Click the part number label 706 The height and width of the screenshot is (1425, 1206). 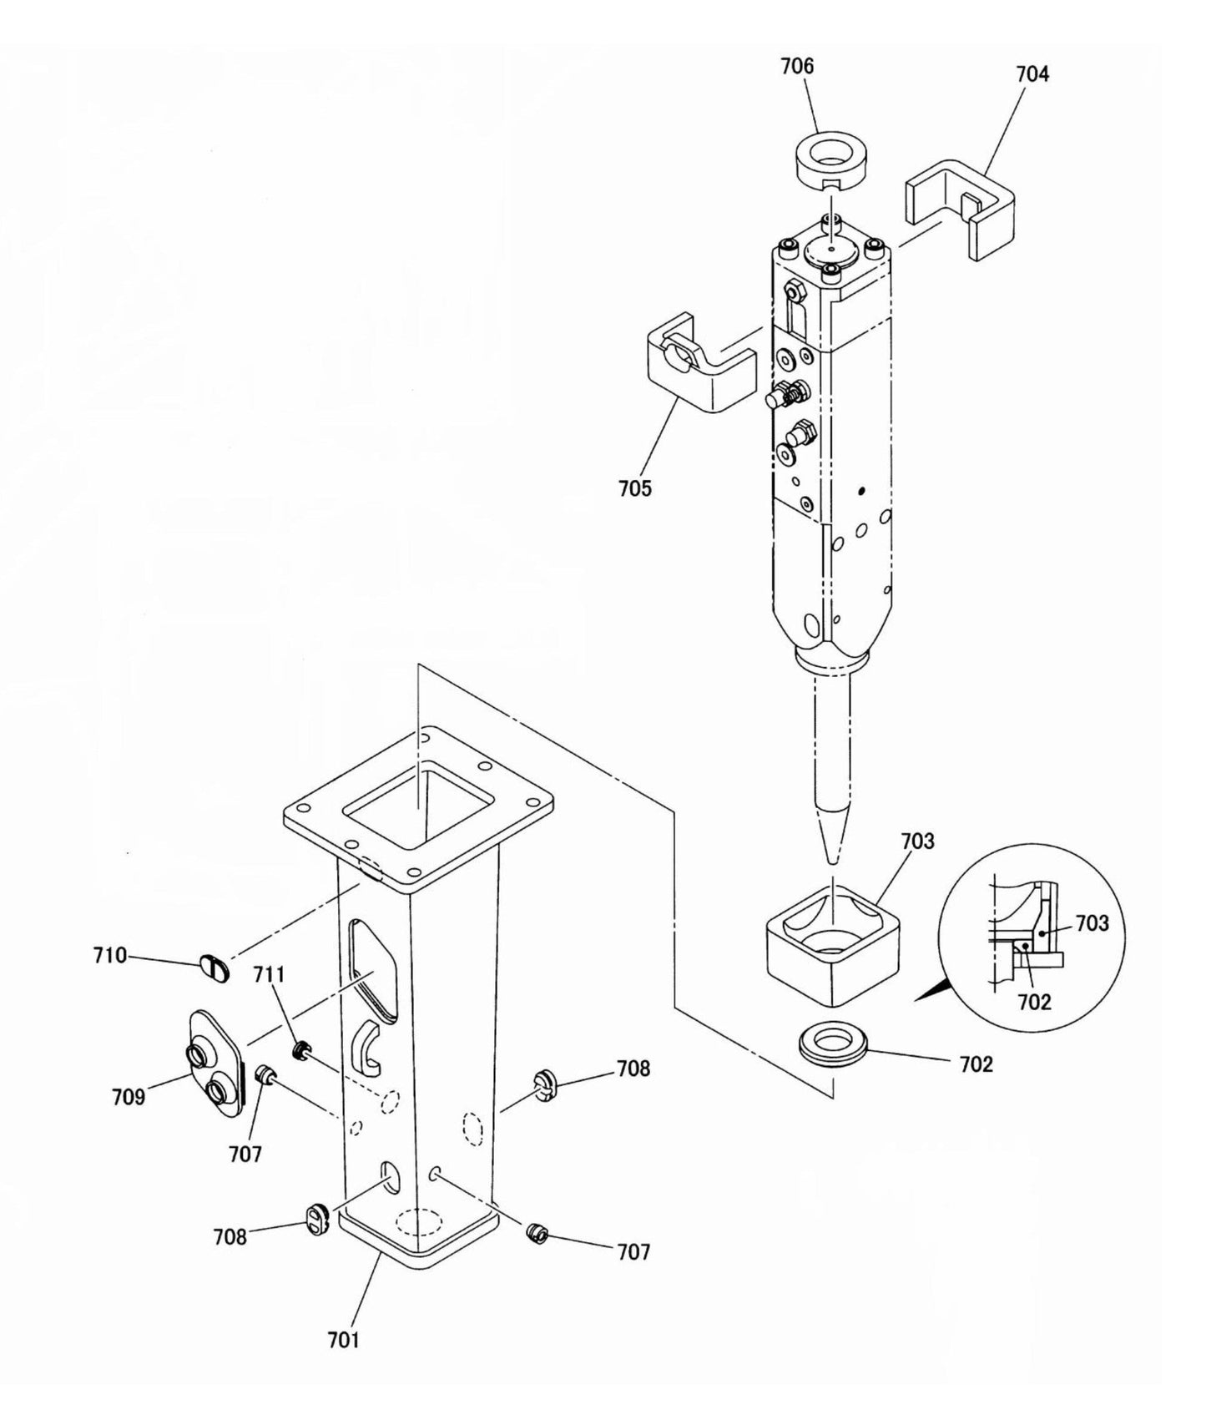coord(797,66)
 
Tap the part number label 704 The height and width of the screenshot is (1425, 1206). coord(1032,74)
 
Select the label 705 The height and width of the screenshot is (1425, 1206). coord(635,488)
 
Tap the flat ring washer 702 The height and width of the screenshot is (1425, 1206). coord(831,1043)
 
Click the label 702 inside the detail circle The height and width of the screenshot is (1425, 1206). coord(1034,1002)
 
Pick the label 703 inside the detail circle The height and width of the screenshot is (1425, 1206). coord(1092,922)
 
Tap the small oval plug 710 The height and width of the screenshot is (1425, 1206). coord(214,968)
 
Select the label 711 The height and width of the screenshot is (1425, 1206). coord(270,974)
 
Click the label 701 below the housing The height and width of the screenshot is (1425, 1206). coord(343,1340)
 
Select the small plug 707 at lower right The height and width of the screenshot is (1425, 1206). coord(537,1232)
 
